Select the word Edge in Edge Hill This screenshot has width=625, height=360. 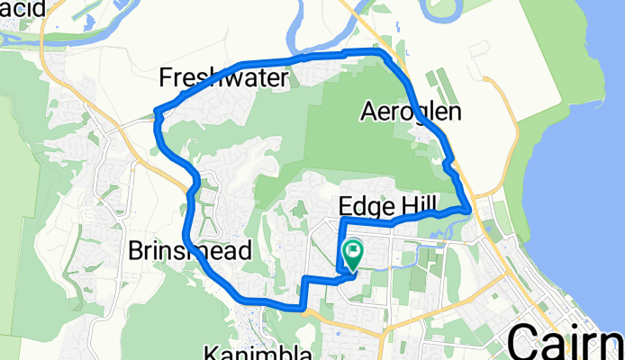coord(365,202)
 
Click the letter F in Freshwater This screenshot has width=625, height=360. coord(166,79)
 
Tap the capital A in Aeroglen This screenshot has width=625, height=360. coord(368,112)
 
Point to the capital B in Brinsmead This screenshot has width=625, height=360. coord(137,249)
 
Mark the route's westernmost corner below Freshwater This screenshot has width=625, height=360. coord(158,113)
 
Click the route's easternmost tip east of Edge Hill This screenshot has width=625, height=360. coord(469,209)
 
